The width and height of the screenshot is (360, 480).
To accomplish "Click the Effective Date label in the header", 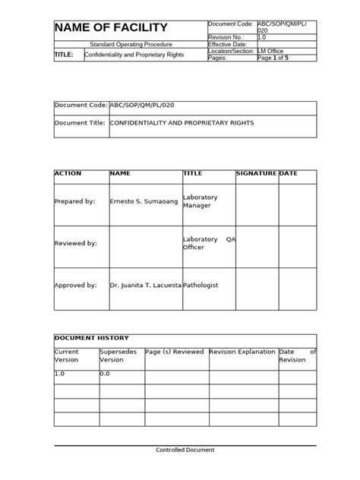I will (x=229, y=44).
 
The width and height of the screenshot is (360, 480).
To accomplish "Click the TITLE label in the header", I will (x=64, y=55).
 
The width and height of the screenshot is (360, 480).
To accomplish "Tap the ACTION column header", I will (x=68, y=174).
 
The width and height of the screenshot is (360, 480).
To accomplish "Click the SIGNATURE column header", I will (x=257, y=174).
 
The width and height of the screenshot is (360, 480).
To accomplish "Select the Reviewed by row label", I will (x=76, y=243).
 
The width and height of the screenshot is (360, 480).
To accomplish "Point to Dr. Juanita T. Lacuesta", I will (x=146, y=286).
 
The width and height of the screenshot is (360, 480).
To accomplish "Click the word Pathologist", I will (x=201, y=286).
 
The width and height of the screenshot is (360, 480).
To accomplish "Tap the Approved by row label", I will (x=76, y=286).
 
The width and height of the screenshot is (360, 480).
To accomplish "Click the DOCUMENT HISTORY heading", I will (x=91, y=337).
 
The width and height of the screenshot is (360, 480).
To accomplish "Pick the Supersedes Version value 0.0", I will (x=106, y=374).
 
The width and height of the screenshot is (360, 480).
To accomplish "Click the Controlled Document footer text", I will (x=185, y=450).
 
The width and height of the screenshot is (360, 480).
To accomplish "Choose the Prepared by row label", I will (x=75, y=201).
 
